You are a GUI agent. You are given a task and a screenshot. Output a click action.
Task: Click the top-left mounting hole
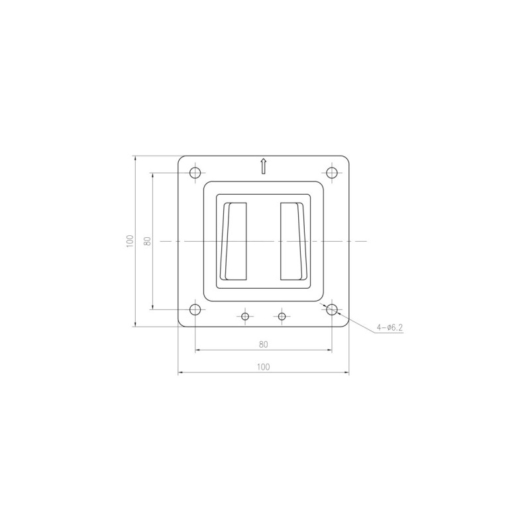[195, 173]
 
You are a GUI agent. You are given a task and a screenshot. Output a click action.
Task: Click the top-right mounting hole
[333, 173]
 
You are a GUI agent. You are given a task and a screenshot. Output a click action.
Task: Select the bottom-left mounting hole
[195, 309]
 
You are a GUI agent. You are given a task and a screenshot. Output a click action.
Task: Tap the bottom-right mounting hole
[333, 309]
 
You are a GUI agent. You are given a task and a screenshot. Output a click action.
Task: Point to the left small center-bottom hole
[245, 317]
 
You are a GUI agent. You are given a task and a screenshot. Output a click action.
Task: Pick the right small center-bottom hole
[282, 317]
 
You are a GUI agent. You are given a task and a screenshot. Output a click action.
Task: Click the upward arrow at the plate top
[264, 166]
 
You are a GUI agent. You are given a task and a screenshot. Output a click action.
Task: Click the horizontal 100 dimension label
[264, 366]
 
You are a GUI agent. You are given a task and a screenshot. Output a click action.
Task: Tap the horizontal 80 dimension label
[264, 344]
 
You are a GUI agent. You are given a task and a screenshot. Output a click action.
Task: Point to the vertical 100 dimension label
[130, 241]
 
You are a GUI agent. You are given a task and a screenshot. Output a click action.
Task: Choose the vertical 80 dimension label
[147, 241]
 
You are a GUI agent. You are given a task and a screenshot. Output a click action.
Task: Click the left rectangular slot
[235, 240]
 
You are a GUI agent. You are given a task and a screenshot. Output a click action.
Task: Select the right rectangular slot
[293, 240]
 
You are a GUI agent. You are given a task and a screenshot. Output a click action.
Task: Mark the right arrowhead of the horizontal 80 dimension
[329, 350]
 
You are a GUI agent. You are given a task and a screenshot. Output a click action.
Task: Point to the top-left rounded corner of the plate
[181, 158]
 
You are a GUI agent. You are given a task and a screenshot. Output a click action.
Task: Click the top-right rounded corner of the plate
[346, 158]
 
